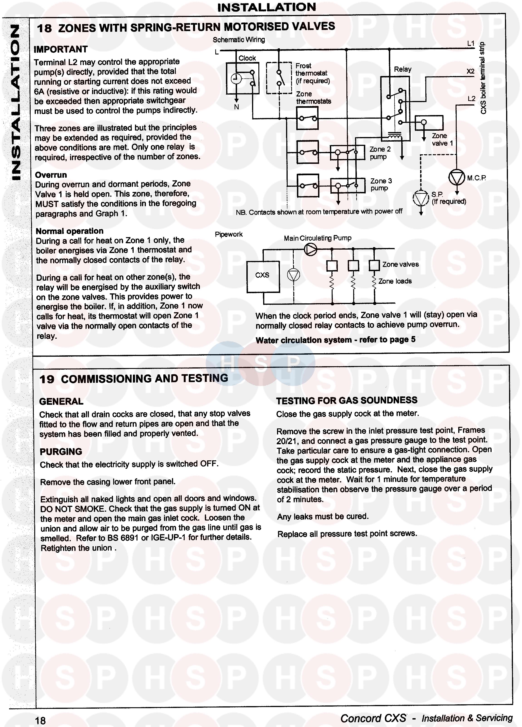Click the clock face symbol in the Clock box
click(x=236, y=79)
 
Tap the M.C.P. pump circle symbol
click(x=457, y=177)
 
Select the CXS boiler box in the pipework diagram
click(x=263, y=276)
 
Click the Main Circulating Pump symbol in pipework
click(x=310, y=249)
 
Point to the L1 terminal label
click(x=471, y=44)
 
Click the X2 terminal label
click(x=471, y=71)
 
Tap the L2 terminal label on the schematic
click(x=471, y=99)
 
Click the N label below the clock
click(x=236, y=107)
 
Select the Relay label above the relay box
click(x=402, y=69)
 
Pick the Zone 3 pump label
click(x=381, y=184)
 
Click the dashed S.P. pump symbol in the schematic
click(x=421, y=198)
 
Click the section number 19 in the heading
click(x=47, y=379)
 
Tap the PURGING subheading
click(x=61, y=452)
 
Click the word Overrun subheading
click(x=51, y=175)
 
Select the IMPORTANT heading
click(x=61, y=49)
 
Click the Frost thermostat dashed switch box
click(x=279, y=78)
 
